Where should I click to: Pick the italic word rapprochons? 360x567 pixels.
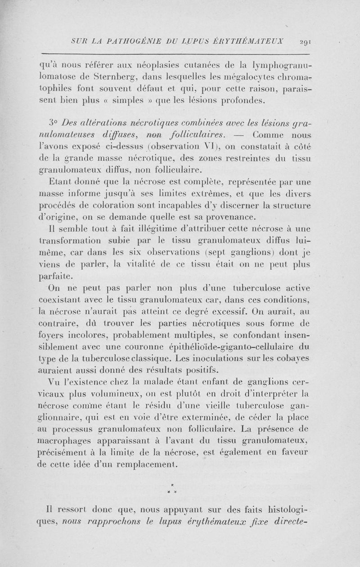tap(106, 522)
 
